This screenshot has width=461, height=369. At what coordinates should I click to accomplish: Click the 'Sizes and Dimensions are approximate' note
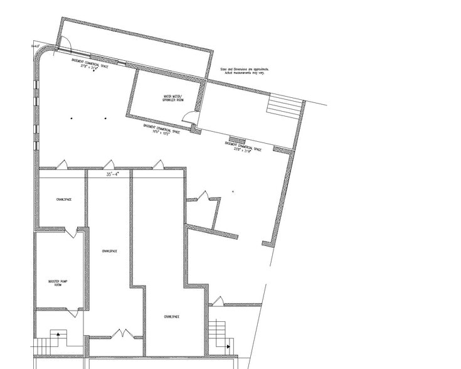tap(246, 71)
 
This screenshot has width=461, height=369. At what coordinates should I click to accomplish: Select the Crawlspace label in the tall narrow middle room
tap(109, 251)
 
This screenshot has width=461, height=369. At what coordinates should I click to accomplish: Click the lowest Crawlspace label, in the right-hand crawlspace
tap(171, 317)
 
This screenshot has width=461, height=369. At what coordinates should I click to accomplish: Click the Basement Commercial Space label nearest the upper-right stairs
tap(247, 147)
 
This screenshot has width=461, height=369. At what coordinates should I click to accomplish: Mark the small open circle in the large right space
tap(233, 191)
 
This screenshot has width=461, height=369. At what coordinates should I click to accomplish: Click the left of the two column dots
tap(72, 119)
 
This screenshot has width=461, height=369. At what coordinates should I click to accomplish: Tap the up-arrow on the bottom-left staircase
tap(58, 335)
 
